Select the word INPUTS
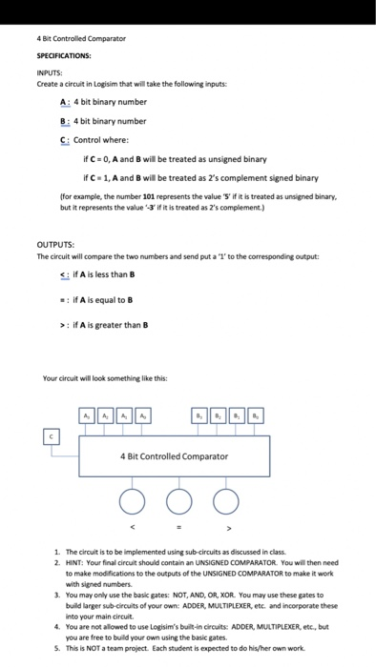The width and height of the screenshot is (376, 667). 49,73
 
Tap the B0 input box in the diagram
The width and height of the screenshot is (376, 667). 255,414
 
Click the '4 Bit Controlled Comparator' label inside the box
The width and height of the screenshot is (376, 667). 175,456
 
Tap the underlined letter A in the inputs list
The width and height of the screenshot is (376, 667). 63,102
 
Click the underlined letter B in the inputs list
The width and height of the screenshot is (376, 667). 63,121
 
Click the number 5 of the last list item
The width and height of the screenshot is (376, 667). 56,647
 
